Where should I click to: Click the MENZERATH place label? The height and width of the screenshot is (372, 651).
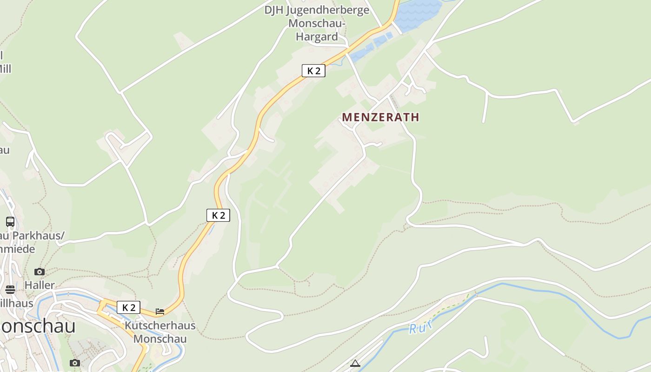pos(380,117)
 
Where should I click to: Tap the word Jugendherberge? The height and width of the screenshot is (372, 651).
pos(328,10)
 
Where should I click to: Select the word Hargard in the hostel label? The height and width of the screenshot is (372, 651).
pos(317,37)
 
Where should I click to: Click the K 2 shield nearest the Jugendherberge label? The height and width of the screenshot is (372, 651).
pos(313,71)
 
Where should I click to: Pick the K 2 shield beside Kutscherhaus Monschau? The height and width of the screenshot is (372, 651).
pos(128,307)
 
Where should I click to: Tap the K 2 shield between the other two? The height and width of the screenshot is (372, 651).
pos(218,215)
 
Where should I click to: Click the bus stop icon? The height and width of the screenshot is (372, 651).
pos(10,221)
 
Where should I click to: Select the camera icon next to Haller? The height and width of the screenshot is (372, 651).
pos(40,272)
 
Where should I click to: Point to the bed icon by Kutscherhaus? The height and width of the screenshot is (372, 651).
pos(160,311)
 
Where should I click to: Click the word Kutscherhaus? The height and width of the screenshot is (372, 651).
pos(160,325)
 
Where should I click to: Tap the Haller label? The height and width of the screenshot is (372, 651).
pos(40,285)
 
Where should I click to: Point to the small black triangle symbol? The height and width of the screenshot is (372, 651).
pos(355,363)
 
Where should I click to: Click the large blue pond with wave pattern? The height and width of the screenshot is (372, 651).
pos(418,14)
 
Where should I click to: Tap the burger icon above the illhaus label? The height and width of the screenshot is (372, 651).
pos(10,290)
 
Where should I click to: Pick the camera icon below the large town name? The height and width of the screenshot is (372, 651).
pos(75,363)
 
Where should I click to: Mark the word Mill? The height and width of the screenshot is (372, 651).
pos(5,69)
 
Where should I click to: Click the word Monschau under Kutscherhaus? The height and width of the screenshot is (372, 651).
pos(160,339)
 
